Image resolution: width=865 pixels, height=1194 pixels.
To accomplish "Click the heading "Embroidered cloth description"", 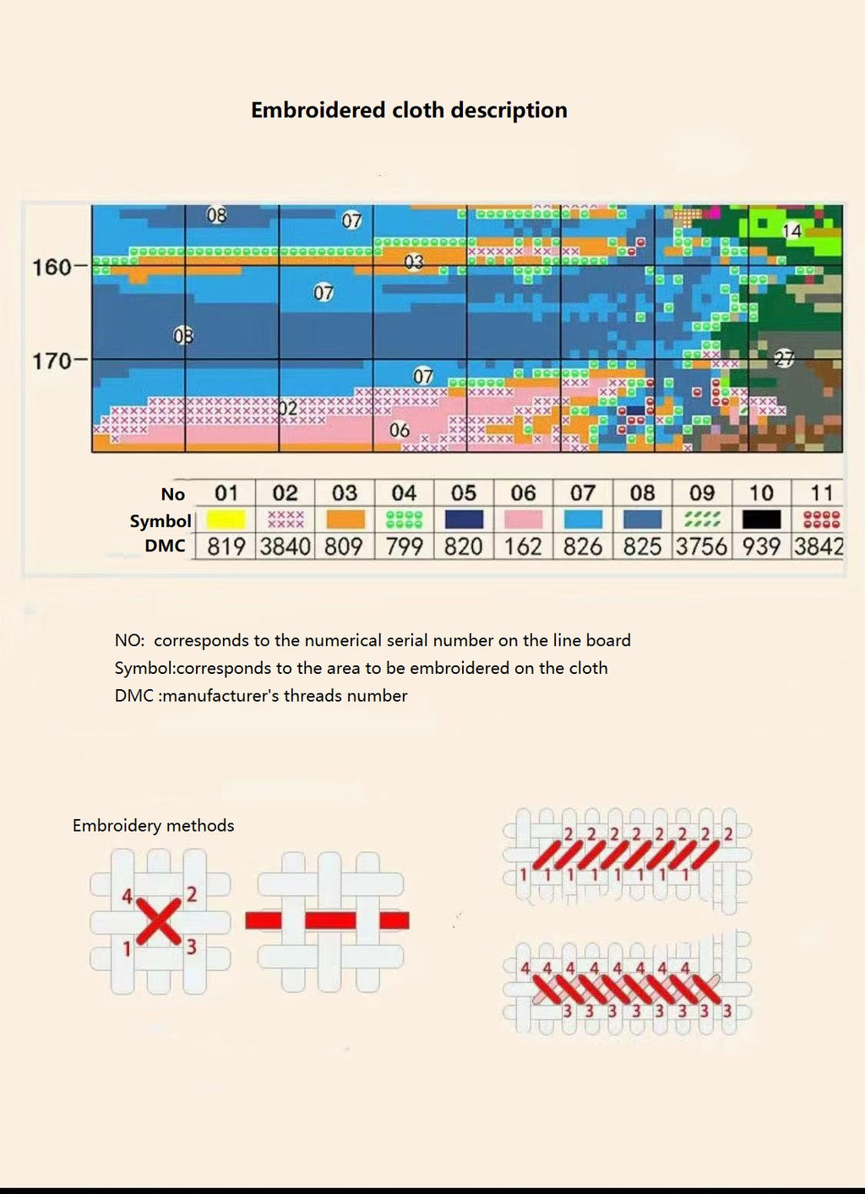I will pyautogui.click(x=409, y=111).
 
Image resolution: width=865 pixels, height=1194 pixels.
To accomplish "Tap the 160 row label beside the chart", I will pyautogui.click(x=52, y=268).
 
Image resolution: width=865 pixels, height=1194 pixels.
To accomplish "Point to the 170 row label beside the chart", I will pyautogui.click(x=52, y=361).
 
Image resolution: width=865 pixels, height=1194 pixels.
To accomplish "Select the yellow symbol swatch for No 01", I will pyautogui.click(x=226, y=518).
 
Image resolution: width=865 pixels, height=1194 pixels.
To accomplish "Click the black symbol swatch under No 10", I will pyautogui.click(x=761, y=518).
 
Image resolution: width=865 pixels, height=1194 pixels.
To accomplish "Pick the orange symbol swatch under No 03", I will pyautogui.click(x=345, y=518).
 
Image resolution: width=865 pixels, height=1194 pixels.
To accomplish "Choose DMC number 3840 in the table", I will pyautogui.click(x=285, y=547).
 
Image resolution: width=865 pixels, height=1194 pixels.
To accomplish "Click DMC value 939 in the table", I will pyautogui.click(x=761, y=547).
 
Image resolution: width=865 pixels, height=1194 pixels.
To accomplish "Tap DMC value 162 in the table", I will pyautogui.click(x=523, y=547).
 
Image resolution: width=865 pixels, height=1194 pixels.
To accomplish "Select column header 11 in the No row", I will pyautogui.click(x=822, y=493).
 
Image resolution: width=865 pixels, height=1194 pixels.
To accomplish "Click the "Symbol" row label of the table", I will pyautogui.click(x=160, y=521).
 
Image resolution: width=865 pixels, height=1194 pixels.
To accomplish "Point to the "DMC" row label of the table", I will pyautogui.click(x=165, y=546).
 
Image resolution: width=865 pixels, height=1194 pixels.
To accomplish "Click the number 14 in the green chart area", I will pyautogui.click(x=792, y=231).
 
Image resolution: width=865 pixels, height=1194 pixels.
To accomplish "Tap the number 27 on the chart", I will pyautogui.click(x=785, y=359).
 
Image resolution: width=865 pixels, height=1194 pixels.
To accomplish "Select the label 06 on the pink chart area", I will pyautogui.click(x=400, y=431).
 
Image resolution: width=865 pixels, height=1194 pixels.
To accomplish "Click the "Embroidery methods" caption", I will pyautogui.click(x=154, y=826).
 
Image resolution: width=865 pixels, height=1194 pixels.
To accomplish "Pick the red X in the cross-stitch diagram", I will pyautogui.click(x=159, y=920).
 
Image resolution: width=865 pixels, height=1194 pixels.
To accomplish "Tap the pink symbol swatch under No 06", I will pyautogui.click(x=523, y=518).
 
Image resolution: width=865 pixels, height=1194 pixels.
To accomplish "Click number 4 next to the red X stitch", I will pyautogui.click(x=128, y=896).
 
